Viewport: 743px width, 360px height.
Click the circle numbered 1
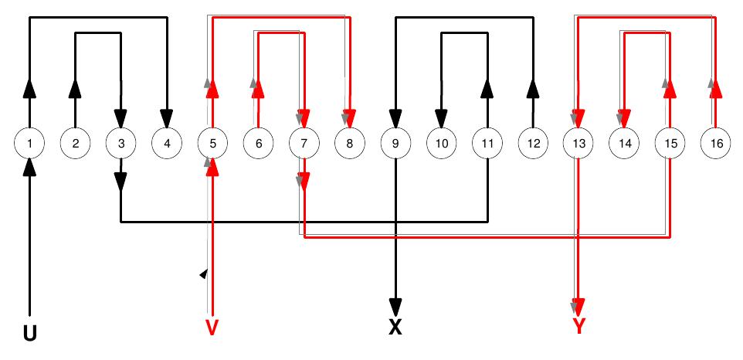coord(29,143)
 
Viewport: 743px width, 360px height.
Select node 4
coord(166,143)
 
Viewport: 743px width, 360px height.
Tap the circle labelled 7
coord(304,143)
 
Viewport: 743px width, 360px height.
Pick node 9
coord(395,143)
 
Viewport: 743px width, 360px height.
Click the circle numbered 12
coord(532,143)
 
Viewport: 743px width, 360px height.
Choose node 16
coord(715,143)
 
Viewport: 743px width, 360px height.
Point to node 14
coord(624,143)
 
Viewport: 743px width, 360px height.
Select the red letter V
coord(212,327)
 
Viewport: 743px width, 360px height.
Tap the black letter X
coord(395,327)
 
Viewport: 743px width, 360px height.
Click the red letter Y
coord(578,327)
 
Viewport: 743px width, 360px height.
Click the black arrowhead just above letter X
coord(395,304)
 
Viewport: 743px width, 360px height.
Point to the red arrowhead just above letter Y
coord(578,304)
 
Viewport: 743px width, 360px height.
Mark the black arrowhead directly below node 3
coord(120,182)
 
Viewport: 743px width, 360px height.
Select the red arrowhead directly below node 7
coord(304,182)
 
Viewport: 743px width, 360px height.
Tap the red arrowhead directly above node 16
coord(715,88)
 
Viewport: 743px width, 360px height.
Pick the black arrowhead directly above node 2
coord(75,88)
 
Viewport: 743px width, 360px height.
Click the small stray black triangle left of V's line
coord(203,273)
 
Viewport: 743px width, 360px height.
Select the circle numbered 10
coord(441,143)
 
